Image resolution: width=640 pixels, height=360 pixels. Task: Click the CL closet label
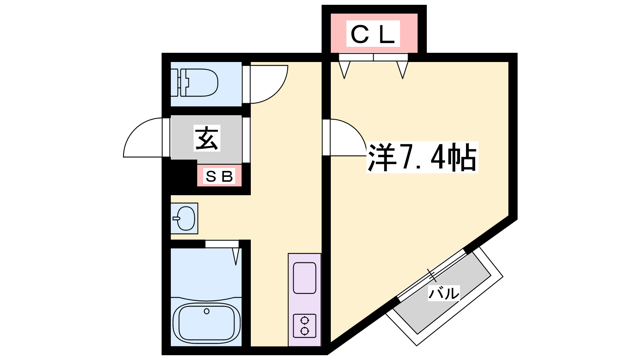(373, 34)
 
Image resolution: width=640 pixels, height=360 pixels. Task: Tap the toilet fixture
(198, 83)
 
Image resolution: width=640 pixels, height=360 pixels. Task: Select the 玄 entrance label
(207, 138)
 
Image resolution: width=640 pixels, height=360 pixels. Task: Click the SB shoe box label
(219, 176)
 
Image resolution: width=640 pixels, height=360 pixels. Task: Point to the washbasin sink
(184, 218)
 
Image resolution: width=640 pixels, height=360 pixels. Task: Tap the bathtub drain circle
(206, 311)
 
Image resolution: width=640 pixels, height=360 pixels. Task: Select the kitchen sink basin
(304, 278)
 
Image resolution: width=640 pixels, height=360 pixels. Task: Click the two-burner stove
(304, 326)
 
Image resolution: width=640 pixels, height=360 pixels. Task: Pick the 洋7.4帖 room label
(422, 157)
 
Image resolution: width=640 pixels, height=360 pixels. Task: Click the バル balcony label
(444, 293)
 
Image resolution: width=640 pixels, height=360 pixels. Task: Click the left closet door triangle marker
(344, 70)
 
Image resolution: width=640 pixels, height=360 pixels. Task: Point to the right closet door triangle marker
(402, 70)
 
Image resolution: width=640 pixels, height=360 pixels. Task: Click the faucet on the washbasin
(176, 218)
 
